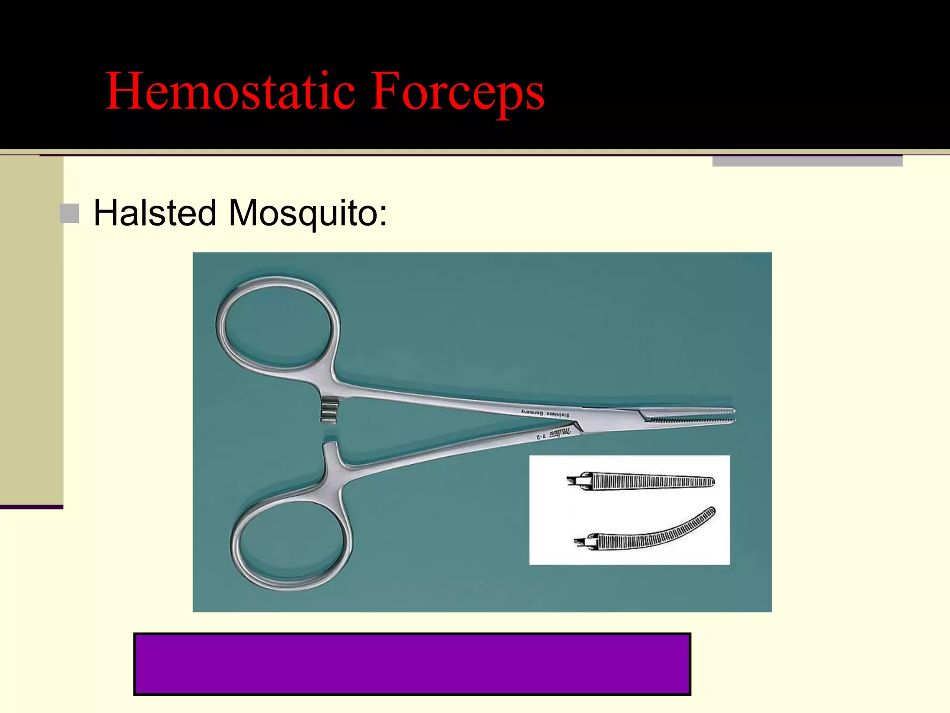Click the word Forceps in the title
pyautogui.click(x=457, y=91)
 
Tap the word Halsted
pyautogui.click(x=155, y=213)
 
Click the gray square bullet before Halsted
pyautogui.click(x=70, y=214)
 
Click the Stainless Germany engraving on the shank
pyautogui.click(x=545, y=413)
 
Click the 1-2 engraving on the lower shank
pyautogui.click(x=541, y=436)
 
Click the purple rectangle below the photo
pyautogui.click(x=412, y=664)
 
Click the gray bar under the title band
pyautogui.click(x=807, y=161)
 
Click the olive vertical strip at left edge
pyautogui.click(x=32, y=330)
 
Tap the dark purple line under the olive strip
pyautogui.click(x=32, y=507)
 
